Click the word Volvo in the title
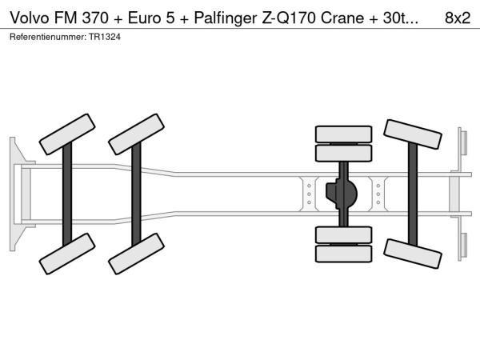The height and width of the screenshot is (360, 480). pos(30,18)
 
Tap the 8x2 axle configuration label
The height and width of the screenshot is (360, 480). pos(458,18)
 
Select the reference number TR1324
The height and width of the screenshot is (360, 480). pos(105,37)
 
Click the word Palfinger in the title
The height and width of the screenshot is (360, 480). pos(226,18)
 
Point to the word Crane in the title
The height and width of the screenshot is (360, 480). pos(342,18)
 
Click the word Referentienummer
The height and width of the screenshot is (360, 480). pos(48,37)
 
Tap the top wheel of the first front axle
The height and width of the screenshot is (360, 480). pos(67,134)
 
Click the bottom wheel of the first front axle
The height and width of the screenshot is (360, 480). pos(67,254)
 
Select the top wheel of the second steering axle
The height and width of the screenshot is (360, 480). pos(137,134)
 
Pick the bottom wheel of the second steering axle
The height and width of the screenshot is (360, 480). pos(137,254)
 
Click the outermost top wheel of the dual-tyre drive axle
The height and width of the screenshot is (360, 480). pos(344,134)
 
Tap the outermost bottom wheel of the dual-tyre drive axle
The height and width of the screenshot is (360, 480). pos(344,254)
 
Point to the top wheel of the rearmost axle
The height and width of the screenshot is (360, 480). pos(413,134)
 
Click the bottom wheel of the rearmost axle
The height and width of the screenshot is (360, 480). pos(413,254)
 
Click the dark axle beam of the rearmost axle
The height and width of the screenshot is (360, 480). pos(413,194)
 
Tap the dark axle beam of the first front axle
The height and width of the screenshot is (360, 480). pos(67,194)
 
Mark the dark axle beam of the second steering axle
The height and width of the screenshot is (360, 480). pos(136,194)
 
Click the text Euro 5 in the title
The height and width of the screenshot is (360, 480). pos(151,18)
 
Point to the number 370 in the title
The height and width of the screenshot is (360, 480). pos(95,18)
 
